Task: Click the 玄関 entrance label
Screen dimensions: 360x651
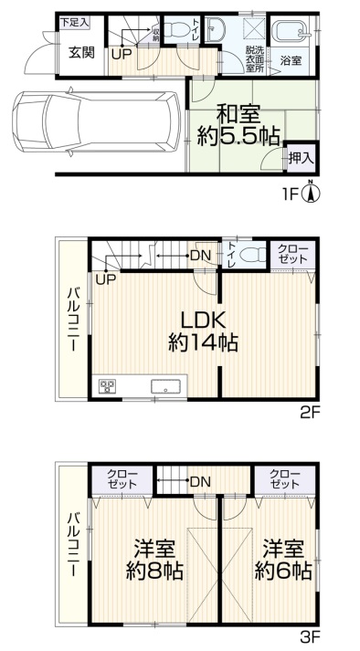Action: pos(82,53)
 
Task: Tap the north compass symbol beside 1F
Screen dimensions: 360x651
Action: pos(311,193)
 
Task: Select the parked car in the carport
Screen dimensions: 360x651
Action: pos(97,121)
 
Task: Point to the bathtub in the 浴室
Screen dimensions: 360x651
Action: pos(291,31)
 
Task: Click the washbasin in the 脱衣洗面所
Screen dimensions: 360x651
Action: pos(215,29)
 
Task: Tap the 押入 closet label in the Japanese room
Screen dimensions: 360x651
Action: pos(302,158)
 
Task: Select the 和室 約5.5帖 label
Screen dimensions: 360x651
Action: pos(238,125)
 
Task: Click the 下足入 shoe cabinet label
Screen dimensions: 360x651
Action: pos(75,22)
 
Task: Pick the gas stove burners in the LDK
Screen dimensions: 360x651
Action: pos(107,385)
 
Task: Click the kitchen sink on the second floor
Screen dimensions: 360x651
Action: pos(166,386)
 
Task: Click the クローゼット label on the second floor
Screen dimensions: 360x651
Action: pos(293,254)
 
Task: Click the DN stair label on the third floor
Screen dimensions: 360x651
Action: pos(201,481)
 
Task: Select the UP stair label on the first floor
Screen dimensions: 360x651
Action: pos(122,54)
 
